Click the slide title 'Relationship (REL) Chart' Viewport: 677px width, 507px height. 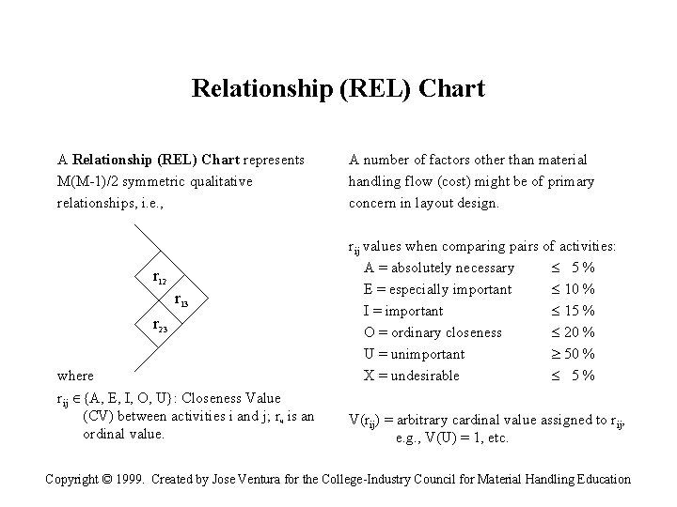pos(338,89)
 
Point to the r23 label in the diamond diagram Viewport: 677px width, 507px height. pos(161,325)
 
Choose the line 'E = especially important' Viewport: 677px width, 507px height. pos(438,289)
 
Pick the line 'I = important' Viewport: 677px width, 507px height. pos(403,311)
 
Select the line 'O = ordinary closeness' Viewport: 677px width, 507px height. pos(433,332)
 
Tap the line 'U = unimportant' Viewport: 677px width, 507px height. pos(414,354)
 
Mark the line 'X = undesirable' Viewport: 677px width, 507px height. pos(411,376)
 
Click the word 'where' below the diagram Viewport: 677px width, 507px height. pos(76,376)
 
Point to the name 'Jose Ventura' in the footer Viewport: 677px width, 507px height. pos(248,479)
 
